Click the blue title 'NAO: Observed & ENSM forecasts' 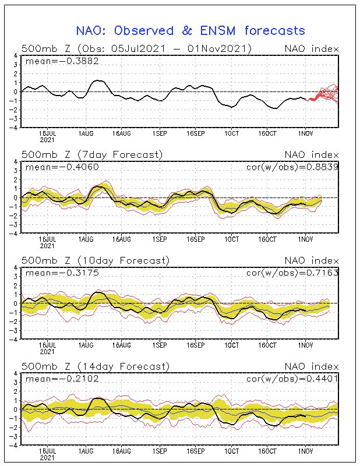190,31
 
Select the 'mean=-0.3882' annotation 62,61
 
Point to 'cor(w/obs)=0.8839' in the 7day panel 292,167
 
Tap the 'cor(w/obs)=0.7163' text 292,273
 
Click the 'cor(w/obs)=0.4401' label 292,379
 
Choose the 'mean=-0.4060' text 62,167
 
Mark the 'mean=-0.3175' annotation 62,273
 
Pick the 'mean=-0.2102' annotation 62,379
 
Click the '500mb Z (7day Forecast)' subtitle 92,155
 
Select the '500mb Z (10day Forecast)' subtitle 96,260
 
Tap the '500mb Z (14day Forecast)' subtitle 96,366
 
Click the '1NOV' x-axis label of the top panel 306,134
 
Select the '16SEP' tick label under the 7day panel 196,239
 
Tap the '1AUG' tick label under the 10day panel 86,345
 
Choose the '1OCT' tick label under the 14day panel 232,451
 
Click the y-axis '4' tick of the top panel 16,55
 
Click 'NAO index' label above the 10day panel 312,260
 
